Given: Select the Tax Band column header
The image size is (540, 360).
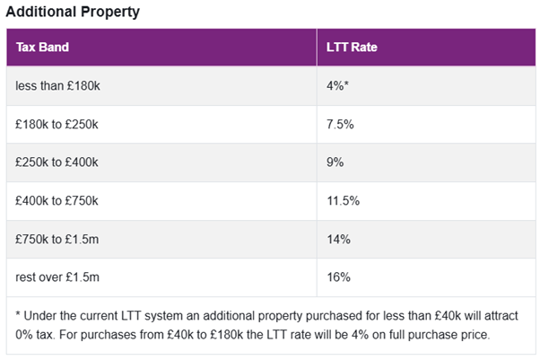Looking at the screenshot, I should (x=42, y=47).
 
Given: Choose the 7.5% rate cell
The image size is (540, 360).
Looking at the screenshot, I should (x=342, y=124).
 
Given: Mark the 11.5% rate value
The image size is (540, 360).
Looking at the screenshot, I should (x=344, y=200).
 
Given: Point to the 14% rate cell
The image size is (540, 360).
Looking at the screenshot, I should (x=339, y=239).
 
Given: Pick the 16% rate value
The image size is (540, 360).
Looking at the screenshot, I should (x=339, y=277).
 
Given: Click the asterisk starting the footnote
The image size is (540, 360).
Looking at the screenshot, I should (x=19, y=318).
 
